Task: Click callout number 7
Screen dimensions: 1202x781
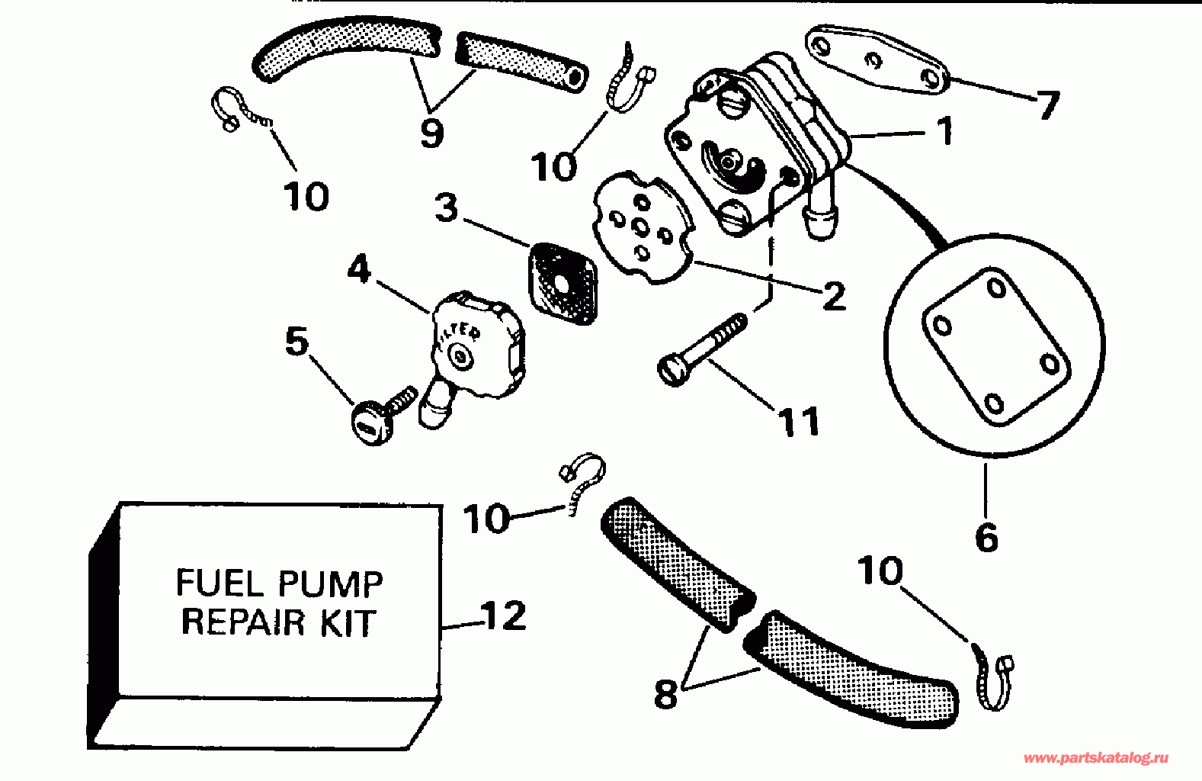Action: tap(1047, 105)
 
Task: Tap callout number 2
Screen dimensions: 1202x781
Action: tap(835, 296)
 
